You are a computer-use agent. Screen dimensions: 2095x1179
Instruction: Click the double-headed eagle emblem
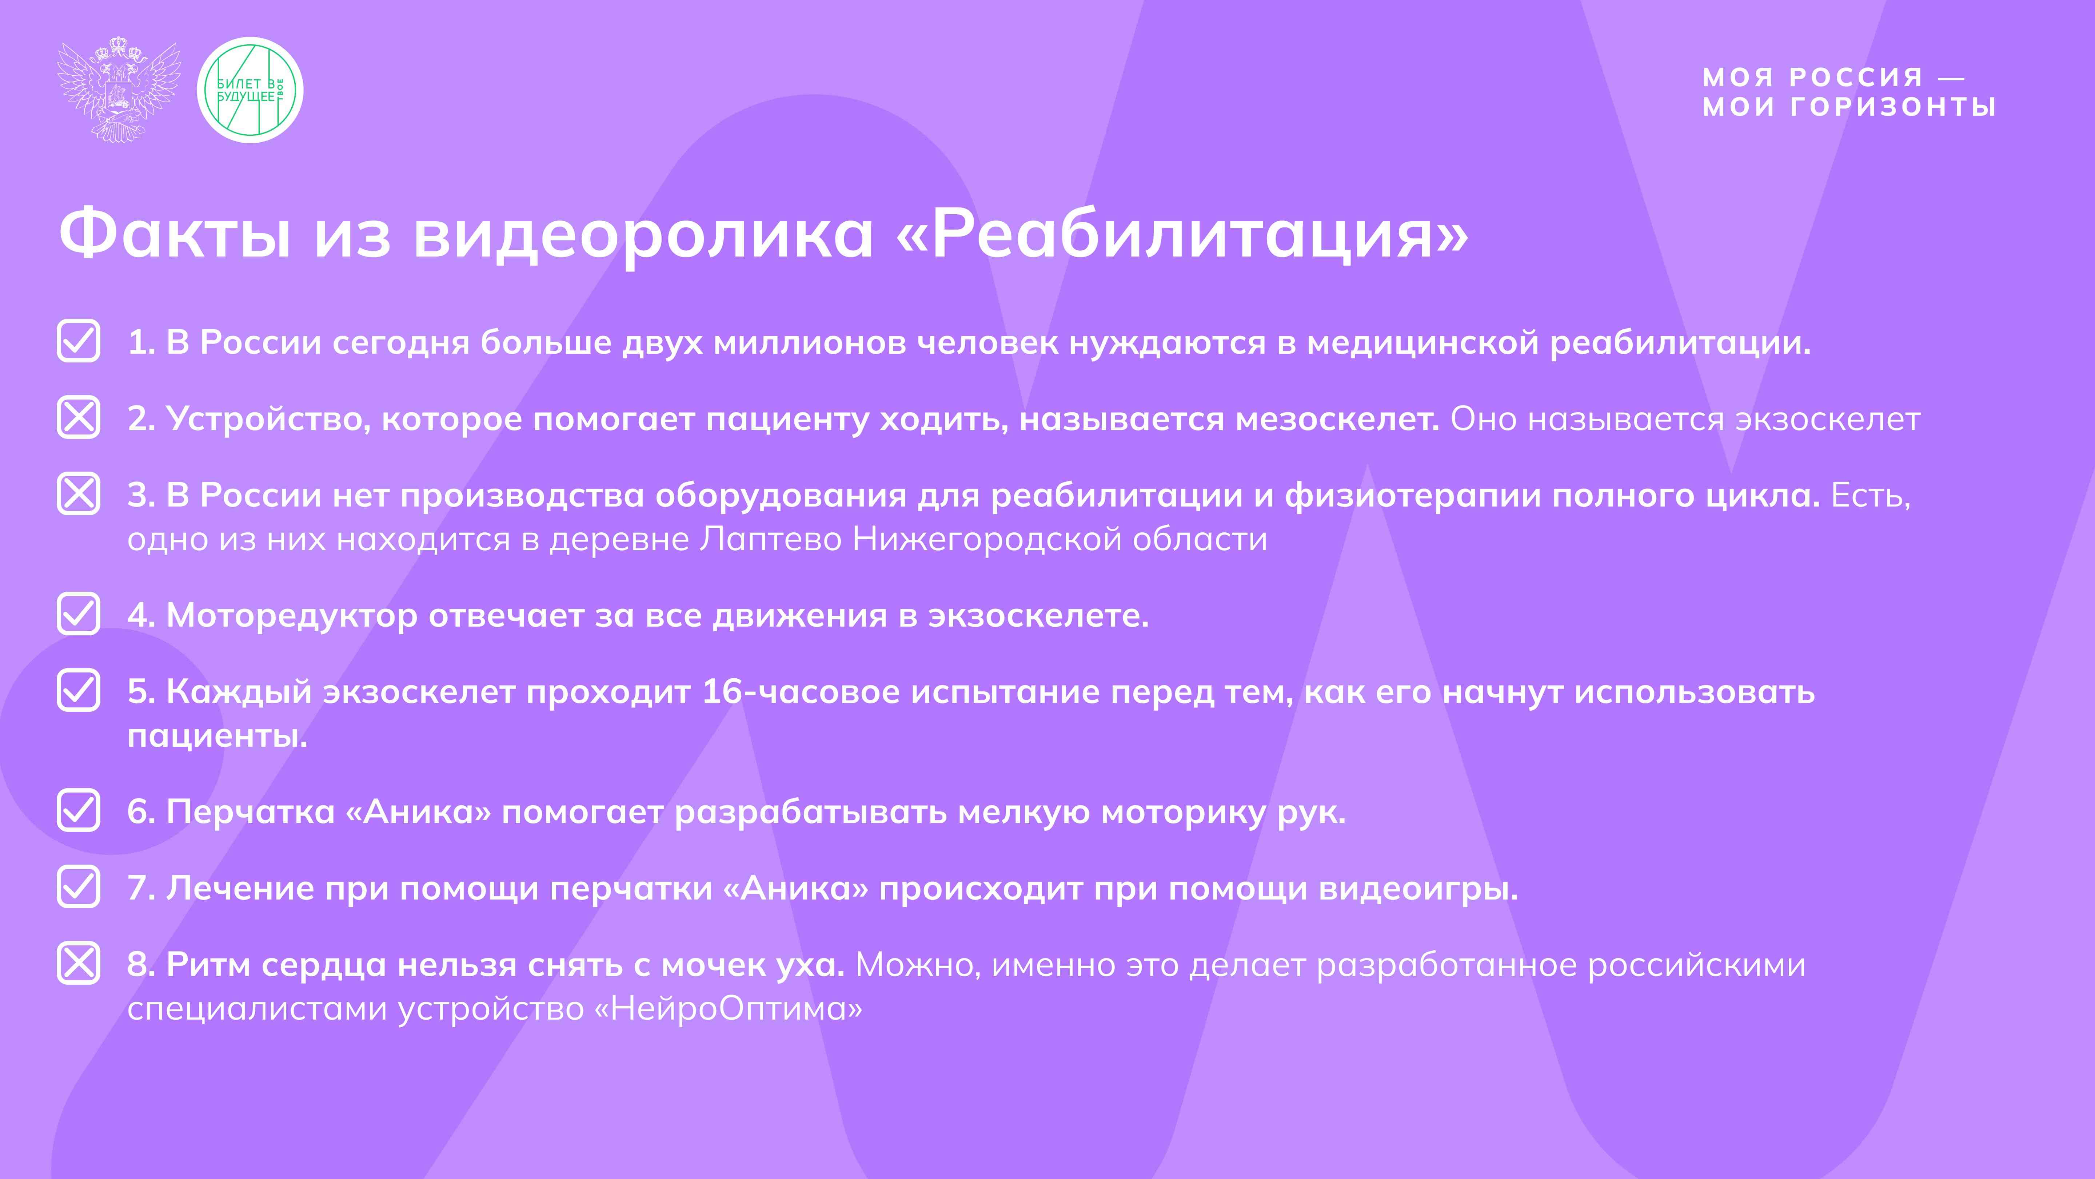pos(119,90)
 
